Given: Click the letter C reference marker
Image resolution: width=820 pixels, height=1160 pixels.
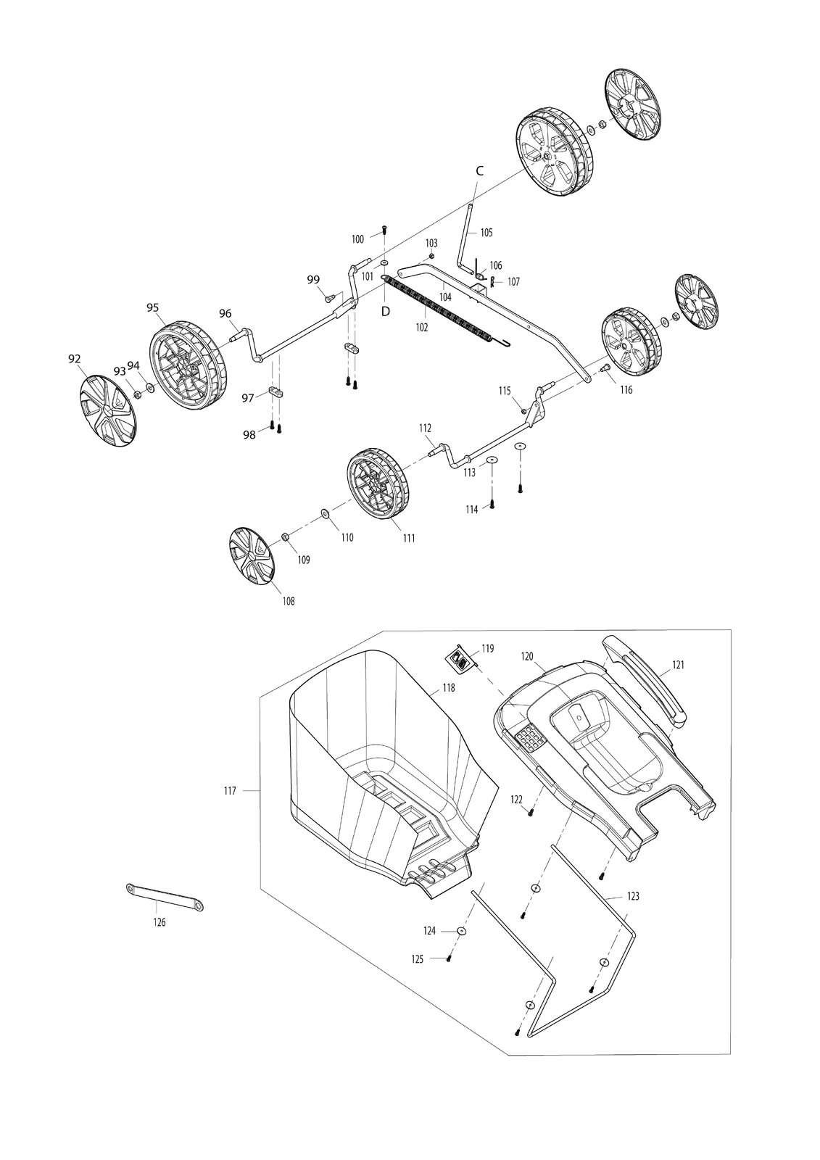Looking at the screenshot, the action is point(480,171).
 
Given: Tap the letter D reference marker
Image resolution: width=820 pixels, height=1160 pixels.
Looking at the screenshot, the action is point(386,312).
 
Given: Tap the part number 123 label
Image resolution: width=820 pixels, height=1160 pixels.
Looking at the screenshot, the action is point(633,896).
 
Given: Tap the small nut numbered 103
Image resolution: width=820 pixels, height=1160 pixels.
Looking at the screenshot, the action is point(431,257).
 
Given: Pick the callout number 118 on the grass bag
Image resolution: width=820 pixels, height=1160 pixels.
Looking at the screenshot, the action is point(449,688).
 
